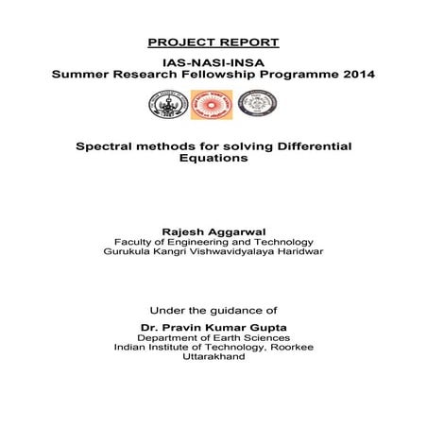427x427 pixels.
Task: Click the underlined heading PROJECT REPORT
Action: tap(213, 43)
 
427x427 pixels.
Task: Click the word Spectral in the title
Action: tap(103, 147)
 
